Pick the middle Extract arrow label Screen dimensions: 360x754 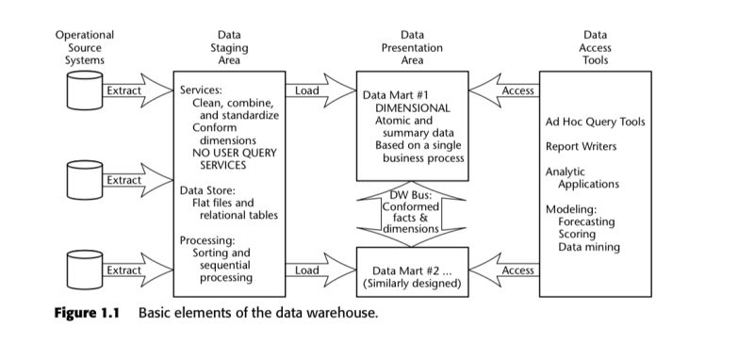pos(123,180)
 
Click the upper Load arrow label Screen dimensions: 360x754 pos(306,91)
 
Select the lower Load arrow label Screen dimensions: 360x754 pos(306,270)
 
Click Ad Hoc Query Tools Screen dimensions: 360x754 pos(594,122)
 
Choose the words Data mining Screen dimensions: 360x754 pos(589,247)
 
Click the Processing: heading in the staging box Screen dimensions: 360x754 pos(206,240)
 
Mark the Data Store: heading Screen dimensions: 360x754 pos(208,190)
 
